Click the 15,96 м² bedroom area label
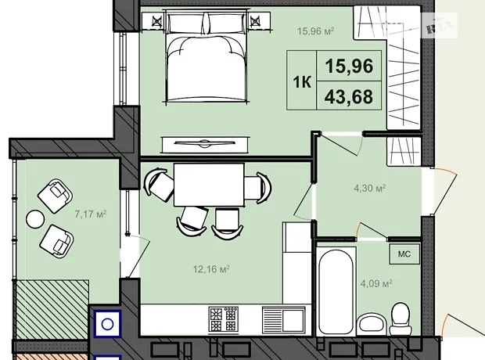tap(315, 31)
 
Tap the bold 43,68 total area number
tap(349, 96)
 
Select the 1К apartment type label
tap(302, 82)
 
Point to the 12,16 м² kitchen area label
tap(211, 269)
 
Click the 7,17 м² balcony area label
tap(91, 214)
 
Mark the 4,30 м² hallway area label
tap(370, 188)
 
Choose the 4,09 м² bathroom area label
tap(376, 283)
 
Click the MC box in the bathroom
tap(404, 254)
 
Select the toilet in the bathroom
tap(401, 319)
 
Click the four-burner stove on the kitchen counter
tap(223, 319)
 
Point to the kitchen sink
tap(284, 320)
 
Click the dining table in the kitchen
tap(209, 185)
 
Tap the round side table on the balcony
tap(35, 219)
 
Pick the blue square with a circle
tap(107, 324)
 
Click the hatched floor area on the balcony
tap(52, 310)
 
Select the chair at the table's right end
tap(258, 188)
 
